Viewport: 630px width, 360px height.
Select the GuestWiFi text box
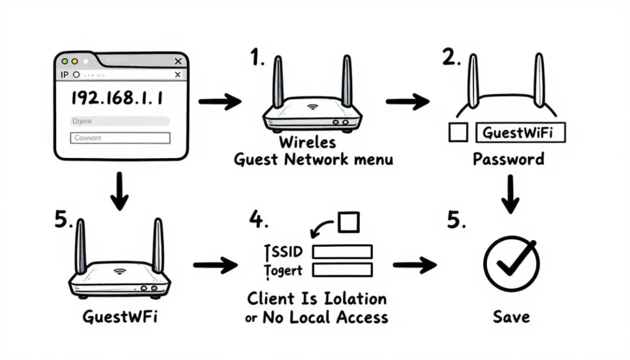(521, 133)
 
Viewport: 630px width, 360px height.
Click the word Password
(508, 159)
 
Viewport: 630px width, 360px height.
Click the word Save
(511, 316)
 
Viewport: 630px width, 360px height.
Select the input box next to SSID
(342, 251)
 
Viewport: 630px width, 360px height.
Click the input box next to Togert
(342, 270)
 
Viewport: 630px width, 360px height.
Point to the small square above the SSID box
(348, 223)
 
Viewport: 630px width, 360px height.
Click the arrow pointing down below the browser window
(120, 192)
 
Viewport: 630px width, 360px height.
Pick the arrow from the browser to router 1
(219, 101)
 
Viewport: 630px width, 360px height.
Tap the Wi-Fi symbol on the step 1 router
(313, 107)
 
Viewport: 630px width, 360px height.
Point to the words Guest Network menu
(313, 159)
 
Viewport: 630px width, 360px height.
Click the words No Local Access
(325, 317)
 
